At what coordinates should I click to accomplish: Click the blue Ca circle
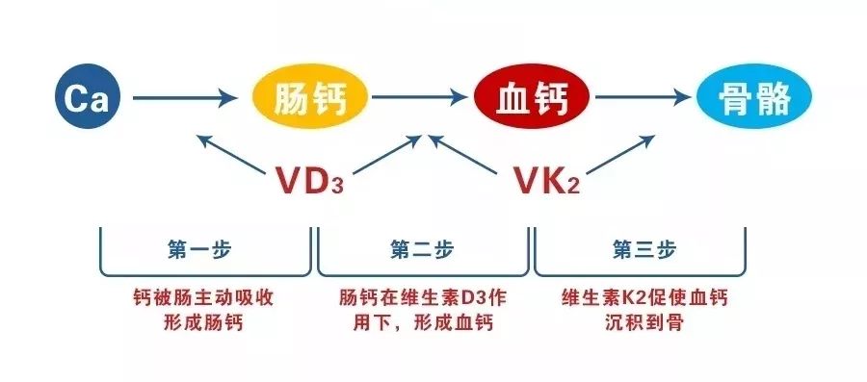coord(85,97)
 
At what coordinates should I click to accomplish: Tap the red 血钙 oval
coord(532,98)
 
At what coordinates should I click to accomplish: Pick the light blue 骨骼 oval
coord(755,98)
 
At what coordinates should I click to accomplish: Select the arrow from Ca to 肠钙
coord(183,97)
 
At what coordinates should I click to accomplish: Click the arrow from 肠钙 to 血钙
coord(421,97)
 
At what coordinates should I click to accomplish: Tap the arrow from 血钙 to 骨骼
coord(644,97)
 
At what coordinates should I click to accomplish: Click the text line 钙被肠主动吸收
coord(203,298)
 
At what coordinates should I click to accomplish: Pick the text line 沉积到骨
coord(641,323)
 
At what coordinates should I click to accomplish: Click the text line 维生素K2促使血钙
coord(641,298)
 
